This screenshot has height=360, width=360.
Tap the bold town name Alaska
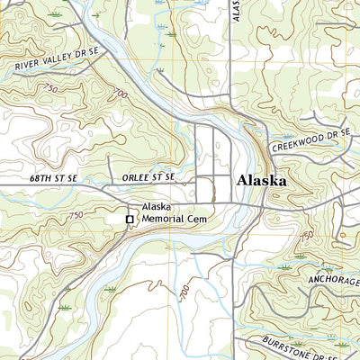coord(262,181)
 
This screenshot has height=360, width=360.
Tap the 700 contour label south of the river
coord(184,295)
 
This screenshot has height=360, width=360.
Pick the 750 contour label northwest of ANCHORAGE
coord(307,235)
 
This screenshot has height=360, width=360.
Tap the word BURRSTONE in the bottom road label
coord(290,342)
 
